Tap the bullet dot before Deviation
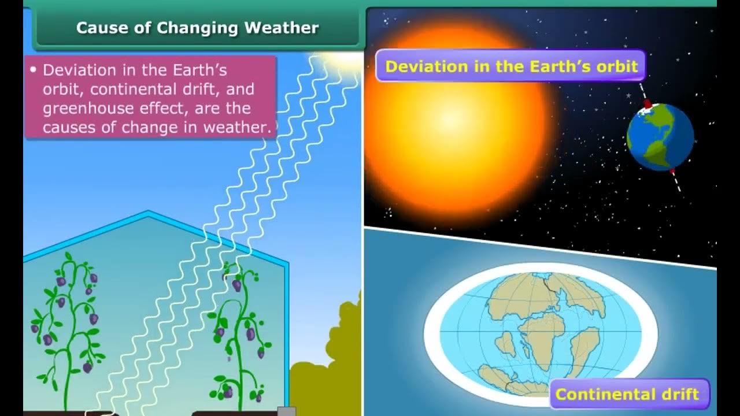[x=32, y=70]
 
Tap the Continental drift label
[x=627, y=395]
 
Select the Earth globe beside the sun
[x=660, y=137]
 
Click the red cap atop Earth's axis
[x=647, y=104]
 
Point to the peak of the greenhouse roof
[x=148, y=213]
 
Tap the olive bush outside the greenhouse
[x=335, y=358]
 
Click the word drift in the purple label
[x=679, y=395]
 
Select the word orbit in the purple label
[x=617, y=66]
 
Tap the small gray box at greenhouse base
[x=286, y=411]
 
